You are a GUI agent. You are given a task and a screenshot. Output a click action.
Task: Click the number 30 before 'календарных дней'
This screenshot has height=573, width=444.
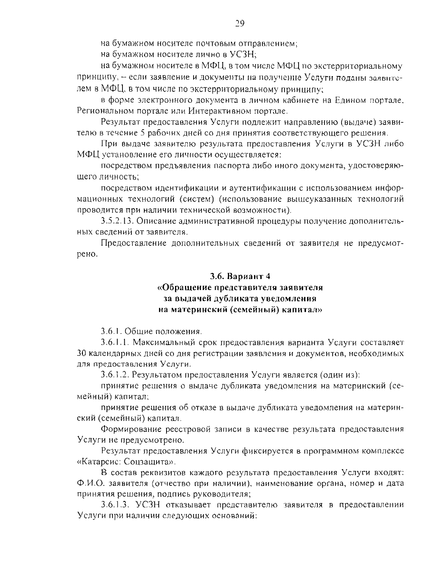tap(82, 353)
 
